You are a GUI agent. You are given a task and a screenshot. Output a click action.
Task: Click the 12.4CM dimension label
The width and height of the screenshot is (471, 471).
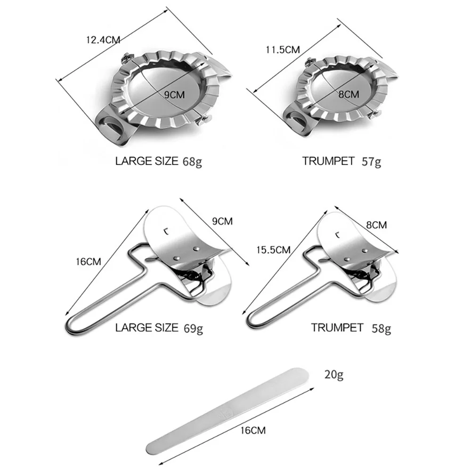[x=103, y=40]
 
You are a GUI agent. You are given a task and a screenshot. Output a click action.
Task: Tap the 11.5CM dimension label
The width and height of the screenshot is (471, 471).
[x=283, y=49]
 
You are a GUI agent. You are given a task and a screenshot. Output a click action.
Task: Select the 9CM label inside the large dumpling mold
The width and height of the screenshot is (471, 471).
[x=174, y=95]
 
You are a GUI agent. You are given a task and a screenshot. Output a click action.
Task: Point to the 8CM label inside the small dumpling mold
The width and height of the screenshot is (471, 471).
[x=349, y=94]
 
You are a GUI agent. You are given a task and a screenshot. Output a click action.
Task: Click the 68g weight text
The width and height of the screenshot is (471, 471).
[x=192, y=162]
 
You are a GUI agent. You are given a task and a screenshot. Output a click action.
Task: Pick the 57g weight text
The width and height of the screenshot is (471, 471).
[x=371, y=162]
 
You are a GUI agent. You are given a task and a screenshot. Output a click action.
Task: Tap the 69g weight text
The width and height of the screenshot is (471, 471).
[x=193, y=328]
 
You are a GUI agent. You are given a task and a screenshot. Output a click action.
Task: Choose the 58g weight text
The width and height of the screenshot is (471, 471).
[x=381, y=328]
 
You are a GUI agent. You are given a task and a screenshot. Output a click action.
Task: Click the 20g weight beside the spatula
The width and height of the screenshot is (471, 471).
[x=334, y=374]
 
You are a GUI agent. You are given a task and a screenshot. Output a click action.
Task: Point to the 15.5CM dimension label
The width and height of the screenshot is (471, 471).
[x=273, y=250]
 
